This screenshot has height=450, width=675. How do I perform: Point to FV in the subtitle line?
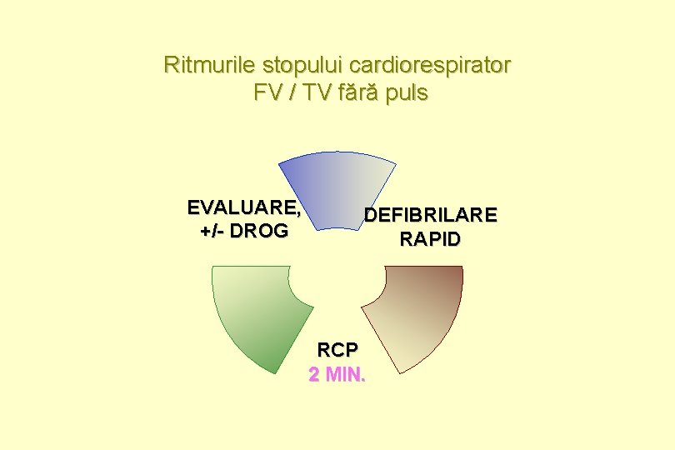point(268,92)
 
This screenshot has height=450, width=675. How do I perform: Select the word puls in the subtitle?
point(407,92)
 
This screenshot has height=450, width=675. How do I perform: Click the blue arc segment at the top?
point(337,187)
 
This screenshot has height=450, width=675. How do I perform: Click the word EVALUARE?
point(242,207)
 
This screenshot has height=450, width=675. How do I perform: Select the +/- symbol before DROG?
point(212,230)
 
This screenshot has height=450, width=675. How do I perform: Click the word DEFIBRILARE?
point(430,216)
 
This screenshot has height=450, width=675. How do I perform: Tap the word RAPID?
point(430,240)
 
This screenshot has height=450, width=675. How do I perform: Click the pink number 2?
point(314,375)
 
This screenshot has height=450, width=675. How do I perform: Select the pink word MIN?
point(345,375)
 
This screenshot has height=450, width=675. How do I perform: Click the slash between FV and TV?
point(292,92)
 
